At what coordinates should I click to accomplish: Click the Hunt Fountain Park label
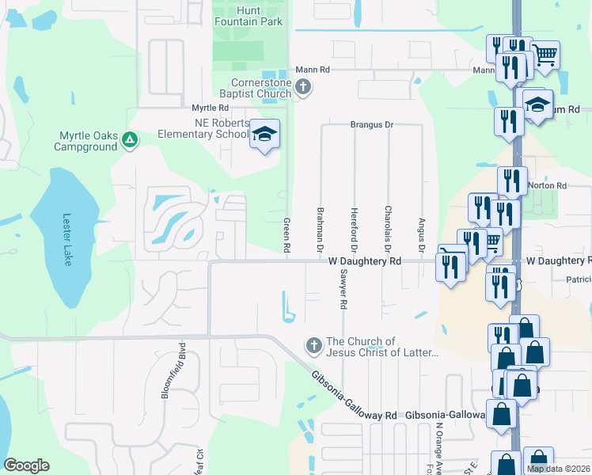[x=248, y=16]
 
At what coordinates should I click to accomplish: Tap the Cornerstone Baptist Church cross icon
[x=304, y=88]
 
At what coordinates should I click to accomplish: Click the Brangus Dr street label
[x=372, y=125]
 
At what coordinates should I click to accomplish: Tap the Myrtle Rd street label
[x=210, y=107]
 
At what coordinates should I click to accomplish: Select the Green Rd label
[x=287, y=236]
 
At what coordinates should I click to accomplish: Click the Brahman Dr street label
[x=321, y=230]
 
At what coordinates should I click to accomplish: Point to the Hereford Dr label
[x=355, y=226]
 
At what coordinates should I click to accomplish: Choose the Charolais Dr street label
[x=388, y=226]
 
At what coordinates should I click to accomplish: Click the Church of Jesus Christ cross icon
[x=313, y=345]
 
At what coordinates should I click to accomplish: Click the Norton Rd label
[x=551, y=185]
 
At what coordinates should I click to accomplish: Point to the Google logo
[x=27, y=465]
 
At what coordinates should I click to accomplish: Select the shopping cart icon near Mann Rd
[x=545, y=55]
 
